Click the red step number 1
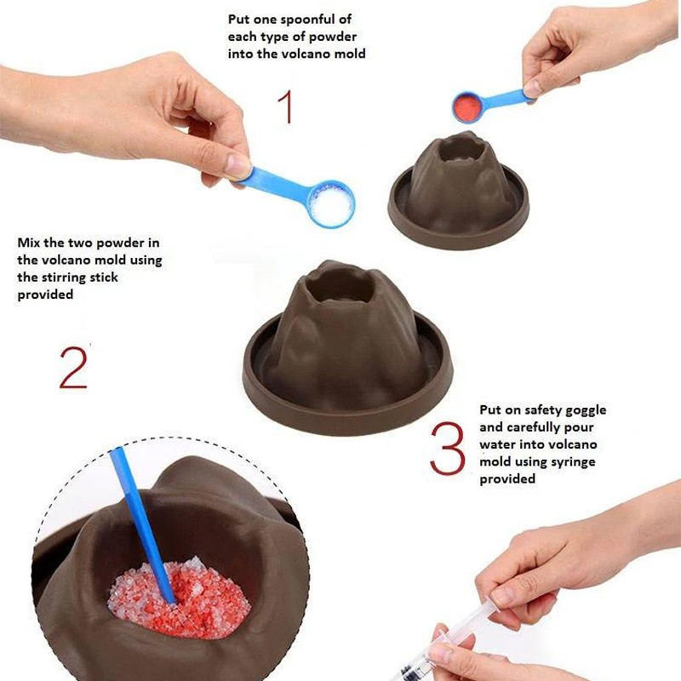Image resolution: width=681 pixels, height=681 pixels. [285, 107]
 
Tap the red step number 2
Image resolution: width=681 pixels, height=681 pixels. [73, 367]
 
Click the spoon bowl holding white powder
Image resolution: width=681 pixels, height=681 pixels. [331, 204]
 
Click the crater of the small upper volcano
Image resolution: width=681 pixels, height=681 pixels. [462, 151]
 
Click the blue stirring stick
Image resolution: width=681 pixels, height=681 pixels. [142, 525]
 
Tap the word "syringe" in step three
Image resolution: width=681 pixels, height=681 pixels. [573, 462]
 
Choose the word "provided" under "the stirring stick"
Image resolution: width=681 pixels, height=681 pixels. [45, 295]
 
